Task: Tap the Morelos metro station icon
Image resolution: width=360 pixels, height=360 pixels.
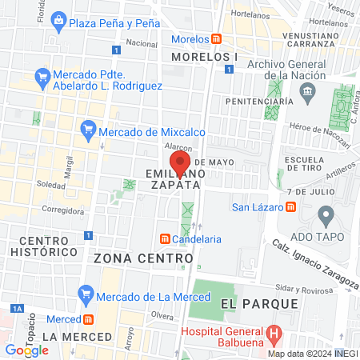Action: point(216,38)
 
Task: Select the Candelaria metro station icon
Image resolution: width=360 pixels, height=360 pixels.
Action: point(165,238)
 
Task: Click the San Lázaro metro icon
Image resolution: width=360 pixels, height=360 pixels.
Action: point(290,207)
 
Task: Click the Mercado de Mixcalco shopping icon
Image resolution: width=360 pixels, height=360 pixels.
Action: point(89,129)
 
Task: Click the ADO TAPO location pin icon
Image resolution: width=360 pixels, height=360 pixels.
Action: point(326,214)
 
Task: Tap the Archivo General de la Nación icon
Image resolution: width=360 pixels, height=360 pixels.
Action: point(307,95)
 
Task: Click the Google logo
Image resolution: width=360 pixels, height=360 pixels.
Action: point(26,350)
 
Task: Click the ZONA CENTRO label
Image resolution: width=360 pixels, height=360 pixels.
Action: point(143,258)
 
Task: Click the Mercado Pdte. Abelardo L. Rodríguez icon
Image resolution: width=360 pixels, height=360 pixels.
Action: point(44,78)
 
